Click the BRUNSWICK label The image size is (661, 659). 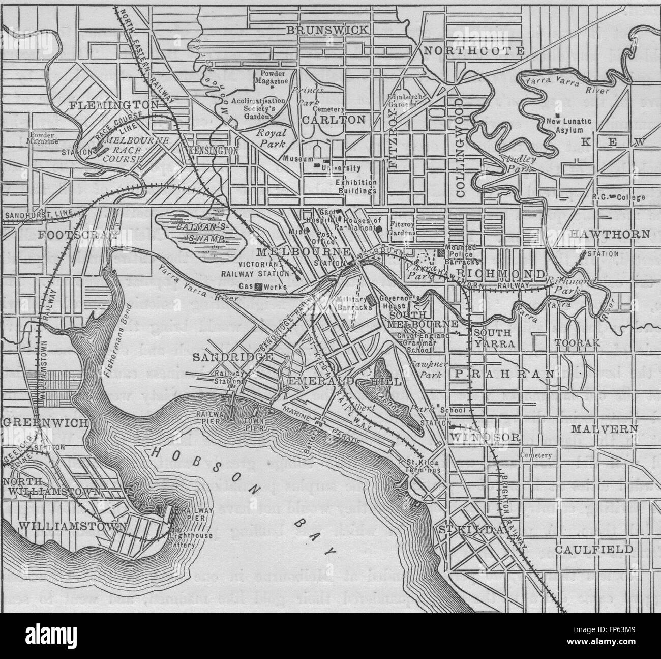[x=326, y=31]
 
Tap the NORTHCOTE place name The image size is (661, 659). [x=474, y=50]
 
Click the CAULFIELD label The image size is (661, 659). [x=594, y=550]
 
